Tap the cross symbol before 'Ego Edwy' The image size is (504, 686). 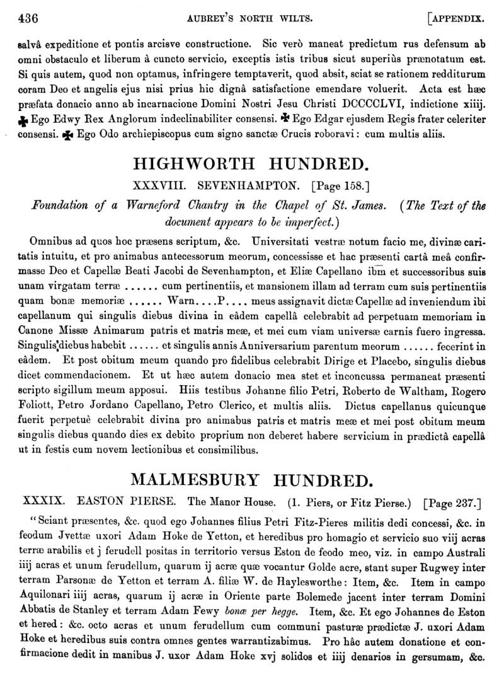point(24,119)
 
